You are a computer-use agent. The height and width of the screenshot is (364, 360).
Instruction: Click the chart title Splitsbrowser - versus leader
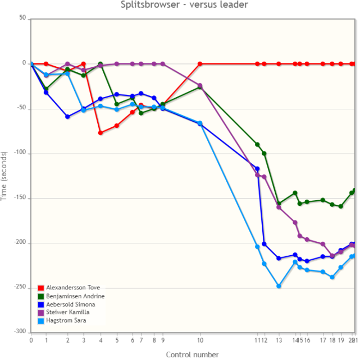[184, 5]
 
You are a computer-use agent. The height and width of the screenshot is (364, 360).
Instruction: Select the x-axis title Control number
[192, 354]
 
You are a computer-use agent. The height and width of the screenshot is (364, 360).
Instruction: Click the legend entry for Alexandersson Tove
[69, 288]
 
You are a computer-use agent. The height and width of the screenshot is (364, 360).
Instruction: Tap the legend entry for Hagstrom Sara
[64, 321]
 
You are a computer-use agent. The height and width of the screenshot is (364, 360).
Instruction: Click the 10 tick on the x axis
[200, 340]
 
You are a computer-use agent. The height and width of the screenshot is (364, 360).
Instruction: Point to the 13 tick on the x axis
[279, 340]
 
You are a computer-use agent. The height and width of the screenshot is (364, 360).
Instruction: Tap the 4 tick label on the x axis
[101, 340]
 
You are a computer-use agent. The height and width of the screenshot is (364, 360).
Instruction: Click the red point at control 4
[101, 133]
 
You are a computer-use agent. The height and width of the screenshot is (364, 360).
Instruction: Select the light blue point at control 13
[279, 286]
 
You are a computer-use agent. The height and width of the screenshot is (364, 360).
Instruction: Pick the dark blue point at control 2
[67, 117]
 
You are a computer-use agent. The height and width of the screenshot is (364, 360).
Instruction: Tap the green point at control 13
[279, 204]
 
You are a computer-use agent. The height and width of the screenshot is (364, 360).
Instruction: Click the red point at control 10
[200, 64]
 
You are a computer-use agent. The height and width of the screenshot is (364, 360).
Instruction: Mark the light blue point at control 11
[257, 247]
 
